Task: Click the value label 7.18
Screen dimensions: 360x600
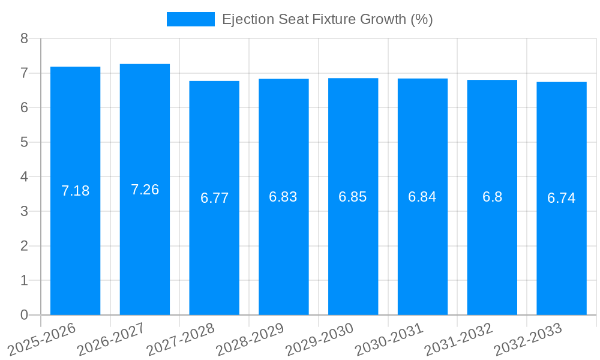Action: point(76,191)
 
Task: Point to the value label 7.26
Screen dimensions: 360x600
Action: point(145,190)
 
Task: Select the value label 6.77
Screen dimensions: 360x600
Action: point(214,198)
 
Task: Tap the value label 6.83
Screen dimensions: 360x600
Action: point(283,197)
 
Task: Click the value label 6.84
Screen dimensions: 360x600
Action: point(422,197)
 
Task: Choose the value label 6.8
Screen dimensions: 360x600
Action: point(492,197)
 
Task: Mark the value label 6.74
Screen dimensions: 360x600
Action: point(562,198)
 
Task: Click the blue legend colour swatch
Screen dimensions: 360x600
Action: point(190,19)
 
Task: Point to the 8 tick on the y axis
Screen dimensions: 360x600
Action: point(25,38)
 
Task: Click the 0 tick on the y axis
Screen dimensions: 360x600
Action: point(25,315)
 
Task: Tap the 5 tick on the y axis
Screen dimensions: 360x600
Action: point(25,142)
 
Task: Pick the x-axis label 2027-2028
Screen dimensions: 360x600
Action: point(180,339)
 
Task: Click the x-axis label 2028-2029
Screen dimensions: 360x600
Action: point(250,339)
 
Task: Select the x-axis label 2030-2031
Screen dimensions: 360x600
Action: point(389,339)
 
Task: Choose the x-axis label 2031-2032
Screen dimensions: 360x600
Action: point(458,339)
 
